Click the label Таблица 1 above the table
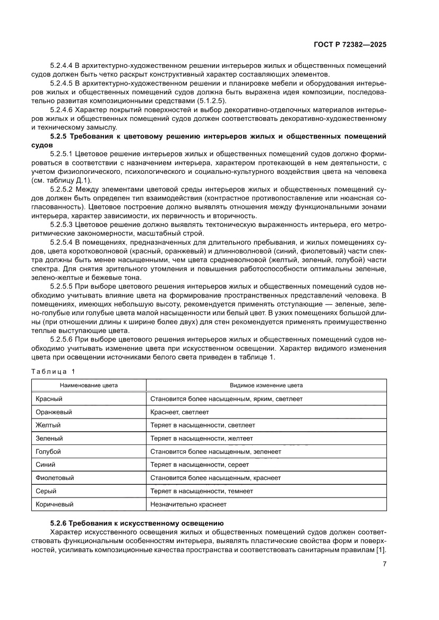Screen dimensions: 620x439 [54, 371]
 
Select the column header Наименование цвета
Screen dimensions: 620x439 [89, 385]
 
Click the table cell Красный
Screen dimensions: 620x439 [49, 398]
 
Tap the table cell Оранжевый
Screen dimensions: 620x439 [54, 412]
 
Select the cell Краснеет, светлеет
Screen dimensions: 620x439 [179, 412]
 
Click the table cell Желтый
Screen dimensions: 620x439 [48, 425]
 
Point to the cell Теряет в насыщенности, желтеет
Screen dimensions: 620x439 [202, 438]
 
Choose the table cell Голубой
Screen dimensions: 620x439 [48, 451]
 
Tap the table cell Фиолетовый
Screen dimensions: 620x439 [55, 478]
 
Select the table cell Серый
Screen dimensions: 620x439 [46, 491]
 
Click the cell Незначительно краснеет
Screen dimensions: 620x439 [188, 504]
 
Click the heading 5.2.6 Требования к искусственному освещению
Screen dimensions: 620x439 [137, 522]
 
